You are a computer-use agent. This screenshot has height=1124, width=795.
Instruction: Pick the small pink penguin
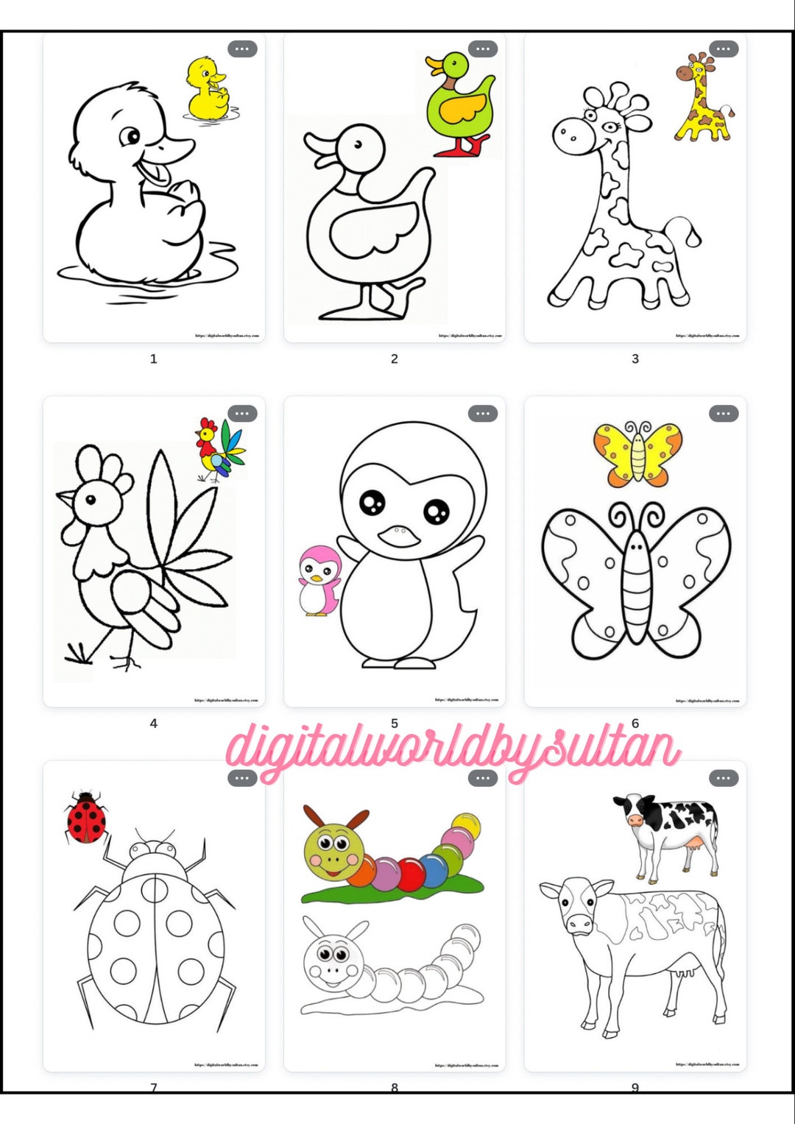[x=319, y=581]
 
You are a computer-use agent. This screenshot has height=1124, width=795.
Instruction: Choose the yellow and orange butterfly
[x=637, y=453]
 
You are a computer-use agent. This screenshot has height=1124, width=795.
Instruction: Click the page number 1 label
[x=153, y=359]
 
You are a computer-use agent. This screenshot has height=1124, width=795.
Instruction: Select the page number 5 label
[x=395, y=724]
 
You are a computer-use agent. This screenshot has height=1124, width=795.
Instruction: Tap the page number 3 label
[x=635, y=359]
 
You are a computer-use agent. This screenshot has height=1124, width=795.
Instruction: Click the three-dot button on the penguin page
[x=483, y=414]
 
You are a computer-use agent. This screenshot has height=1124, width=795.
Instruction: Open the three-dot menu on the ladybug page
[x=242, y=778]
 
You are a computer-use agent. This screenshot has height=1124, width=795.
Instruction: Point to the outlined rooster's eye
[x=90, y=500]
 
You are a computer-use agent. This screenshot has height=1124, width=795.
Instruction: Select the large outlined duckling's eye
[x=132, y=136]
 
